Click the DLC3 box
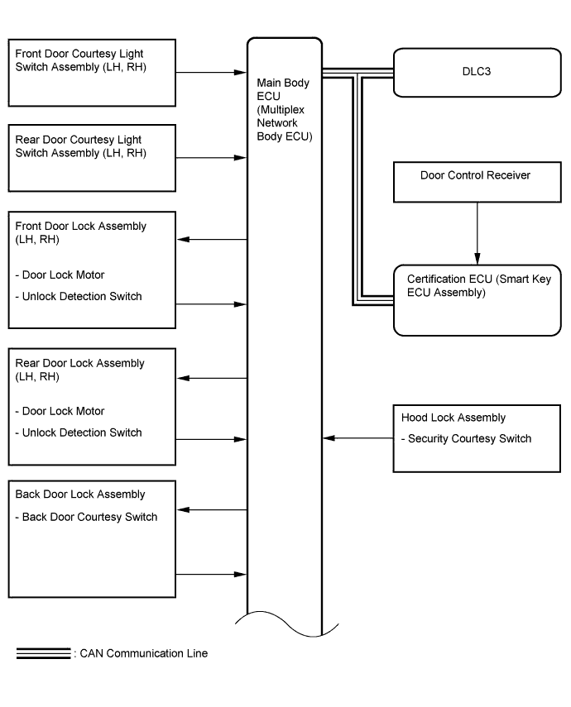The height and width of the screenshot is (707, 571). [x=477, y=73]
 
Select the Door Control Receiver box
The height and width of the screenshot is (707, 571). [x=477, y=182]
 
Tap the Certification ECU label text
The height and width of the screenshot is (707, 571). [x=479, y=285]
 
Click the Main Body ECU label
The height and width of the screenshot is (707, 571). [x=285, y=110]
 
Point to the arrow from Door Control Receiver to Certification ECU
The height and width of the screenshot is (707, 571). [x=477, y=233]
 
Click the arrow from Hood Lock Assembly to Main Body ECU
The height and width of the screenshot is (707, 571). [x=358, y=437]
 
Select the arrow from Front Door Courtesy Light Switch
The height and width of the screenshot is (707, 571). [x=211, y=72]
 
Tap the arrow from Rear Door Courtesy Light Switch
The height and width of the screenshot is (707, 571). [x=211, y=158]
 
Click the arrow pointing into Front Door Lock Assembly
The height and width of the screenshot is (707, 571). [x=212, y=240]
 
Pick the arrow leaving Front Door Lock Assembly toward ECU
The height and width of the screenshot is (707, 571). [x=211, y=304]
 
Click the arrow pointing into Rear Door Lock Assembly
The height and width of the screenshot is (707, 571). [x=212, y=378]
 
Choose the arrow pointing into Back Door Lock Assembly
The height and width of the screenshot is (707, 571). [x=212, y=510]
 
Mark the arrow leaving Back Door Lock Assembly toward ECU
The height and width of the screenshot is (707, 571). [x=211, y=575]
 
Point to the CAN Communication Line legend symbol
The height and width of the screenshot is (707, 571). [x=43, y=653]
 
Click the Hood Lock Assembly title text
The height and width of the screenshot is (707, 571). [x=453, y=418]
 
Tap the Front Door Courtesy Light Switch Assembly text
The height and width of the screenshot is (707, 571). [x=81, y=60]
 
